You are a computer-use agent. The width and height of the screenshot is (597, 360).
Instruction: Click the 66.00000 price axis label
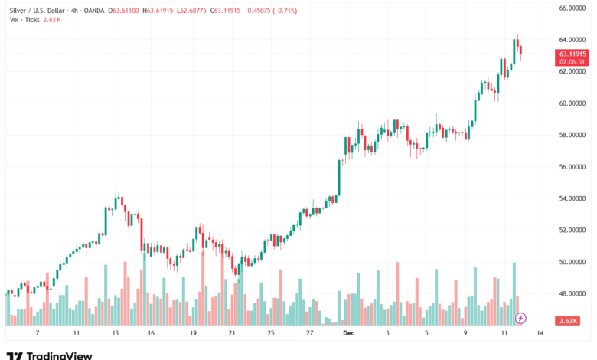(x=572, y=8)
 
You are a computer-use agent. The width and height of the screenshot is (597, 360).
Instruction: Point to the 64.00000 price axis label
(x=572, y=39)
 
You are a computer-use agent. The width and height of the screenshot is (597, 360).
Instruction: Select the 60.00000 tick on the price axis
(x=572, y=103)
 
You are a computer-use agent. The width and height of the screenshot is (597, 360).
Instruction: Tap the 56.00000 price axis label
(x=572, y=166)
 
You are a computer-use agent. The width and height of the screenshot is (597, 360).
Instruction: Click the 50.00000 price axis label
(x=572, y=262)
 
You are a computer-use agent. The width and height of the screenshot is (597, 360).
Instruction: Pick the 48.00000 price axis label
(x=572, y=293)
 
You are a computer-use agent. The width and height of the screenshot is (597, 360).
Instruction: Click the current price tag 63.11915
(x=573, y=54)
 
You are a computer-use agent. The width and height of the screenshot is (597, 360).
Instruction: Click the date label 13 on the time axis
(x=116, y=334)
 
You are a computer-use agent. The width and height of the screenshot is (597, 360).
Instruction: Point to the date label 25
(x=271, y=334)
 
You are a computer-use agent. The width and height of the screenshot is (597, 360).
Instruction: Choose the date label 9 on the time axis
(x=465, y=334)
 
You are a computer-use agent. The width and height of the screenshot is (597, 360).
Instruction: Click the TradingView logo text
(x=59, y=355)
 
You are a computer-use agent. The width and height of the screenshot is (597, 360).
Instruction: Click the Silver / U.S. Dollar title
(x=39, y=11)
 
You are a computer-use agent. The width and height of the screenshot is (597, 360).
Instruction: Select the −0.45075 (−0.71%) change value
(x=268, y=11)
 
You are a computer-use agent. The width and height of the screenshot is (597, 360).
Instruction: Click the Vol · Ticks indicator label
(x=25, y=20)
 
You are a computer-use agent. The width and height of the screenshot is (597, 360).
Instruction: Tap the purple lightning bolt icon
(x=521, y=317)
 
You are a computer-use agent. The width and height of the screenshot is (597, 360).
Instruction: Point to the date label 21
(x=232, y=334)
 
